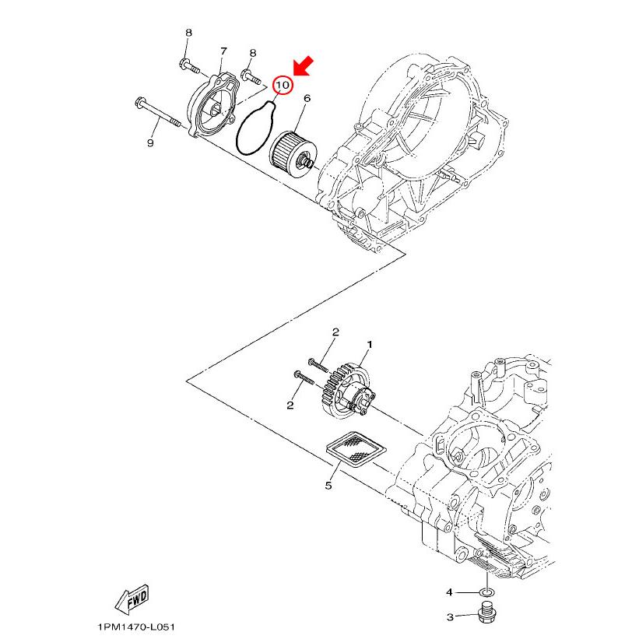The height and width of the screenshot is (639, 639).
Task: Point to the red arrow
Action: [x=303, y=68]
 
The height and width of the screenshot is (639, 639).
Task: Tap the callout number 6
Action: [x=307, y=99]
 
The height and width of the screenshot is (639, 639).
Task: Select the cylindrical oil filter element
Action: [x=290, y=148]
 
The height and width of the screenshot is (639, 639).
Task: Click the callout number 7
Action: [x=223, y=51]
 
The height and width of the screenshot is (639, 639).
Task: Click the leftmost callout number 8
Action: [x=188, y=33]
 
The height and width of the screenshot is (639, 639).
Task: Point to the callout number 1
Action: [x=370, y=344]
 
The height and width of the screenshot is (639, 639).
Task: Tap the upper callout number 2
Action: [x=335, y=332]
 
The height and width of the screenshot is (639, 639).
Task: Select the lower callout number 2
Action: [x=290, y=405]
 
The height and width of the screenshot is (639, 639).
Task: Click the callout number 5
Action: [x=328, y=486]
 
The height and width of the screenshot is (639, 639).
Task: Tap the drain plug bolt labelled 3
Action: [x=486, y=615]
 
